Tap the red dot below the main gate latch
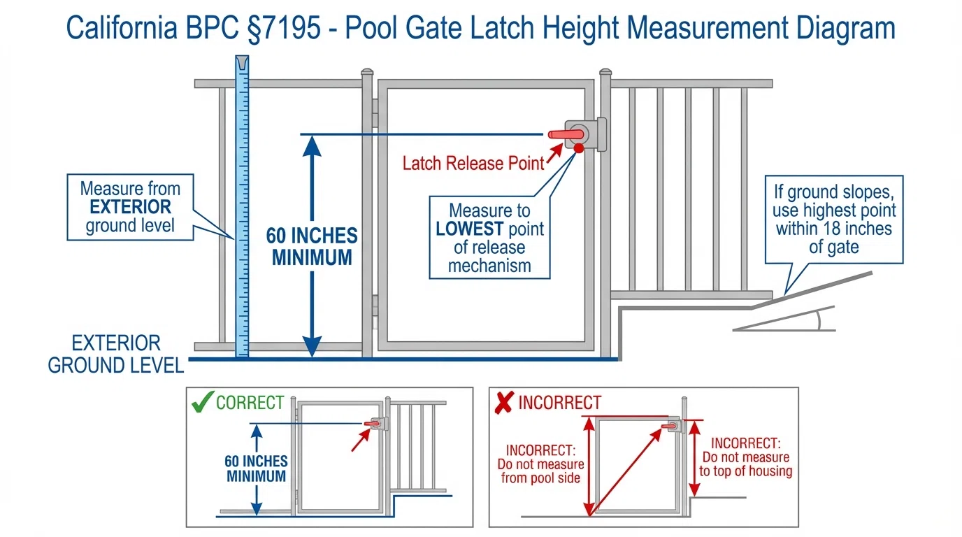pyautogui.click(x=579, y=148)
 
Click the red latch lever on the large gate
pyautogui.click(x=566, y=134)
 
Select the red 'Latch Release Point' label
pyautogui.click(x=473, y=164)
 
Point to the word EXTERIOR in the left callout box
pyautogui.click(x=130, y=208)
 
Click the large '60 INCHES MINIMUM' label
pyautogui.click(x=312, y=246)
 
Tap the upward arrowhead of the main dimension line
pyautogui.click(x=313, y=147)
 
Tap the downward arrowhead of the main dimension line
pyautogui.click(x=313, y=345)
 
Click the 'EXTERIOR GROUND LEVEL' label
pyautogui.click(x=116, y=355)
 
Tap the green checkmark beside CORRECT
pyautogui.click(x=202, y=403)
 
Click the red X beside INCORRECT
pyautogui.click(x=503, y=403)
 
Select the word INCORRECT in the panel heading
pyautogui.click(x=559, y=403)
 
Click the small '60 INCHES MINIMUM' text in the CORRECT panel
pyautogui.click(x=257, y=468)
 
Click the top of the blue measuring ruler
pyautogui.click(x=241, y=64)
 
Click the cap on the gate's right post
pyautogui.click(x=605, y=73)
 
